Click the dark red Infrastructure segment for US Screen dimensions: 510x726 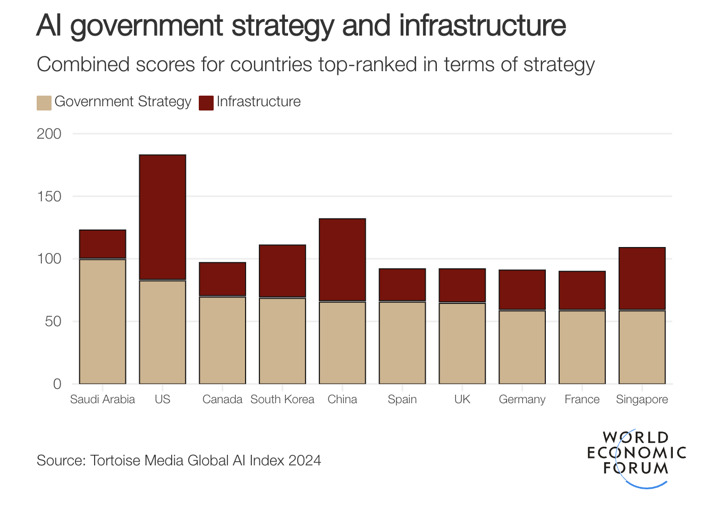point(163,217)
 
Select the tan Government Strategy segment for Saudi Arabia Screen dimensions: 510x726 point(103,321)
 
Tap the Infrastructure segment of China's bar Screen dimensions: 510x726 point(342,260)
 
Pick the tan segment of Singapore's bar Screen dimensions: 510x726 point(642,347)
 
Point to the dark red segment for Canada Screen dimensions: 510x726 point(223,279)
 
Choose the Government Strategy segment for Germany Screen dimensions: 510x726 point(522,347)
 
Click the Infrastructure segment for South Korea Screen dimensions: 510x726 point(282,271)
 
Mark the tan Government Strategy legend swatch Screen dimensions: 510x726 point(44,103)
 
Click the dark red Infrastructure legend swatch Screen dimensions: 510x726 point(206,103)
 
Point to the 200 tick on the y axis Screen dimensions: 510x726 point(49,134)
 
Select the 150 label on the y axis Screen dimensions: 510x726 point(49,197)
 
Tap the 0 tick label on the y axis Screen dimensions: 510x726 point(57,384)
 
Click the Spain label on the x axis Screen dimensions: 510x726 point(402,399)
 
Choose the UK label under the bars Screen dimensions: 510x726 point(462,399)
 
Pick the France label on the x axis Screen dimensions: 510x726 point(582,399)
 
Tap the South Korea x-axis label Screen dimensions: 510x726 point(282,399)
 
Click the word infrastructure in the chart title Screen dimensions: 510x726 point(483,25)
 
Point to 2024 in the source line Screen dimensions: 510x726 point(305,460)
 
